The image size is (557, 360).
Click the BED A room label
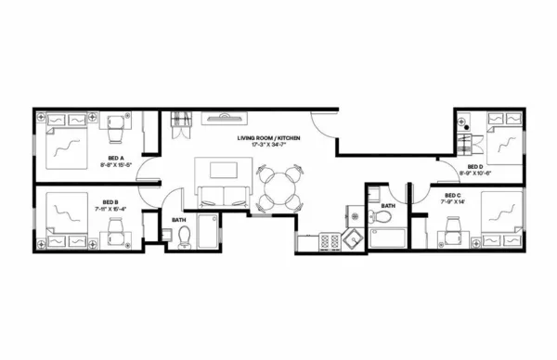[116, 159]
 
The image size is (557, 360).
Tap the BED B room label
[110, 201]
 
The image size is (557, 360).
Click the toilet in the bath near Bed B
[184, 235]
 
